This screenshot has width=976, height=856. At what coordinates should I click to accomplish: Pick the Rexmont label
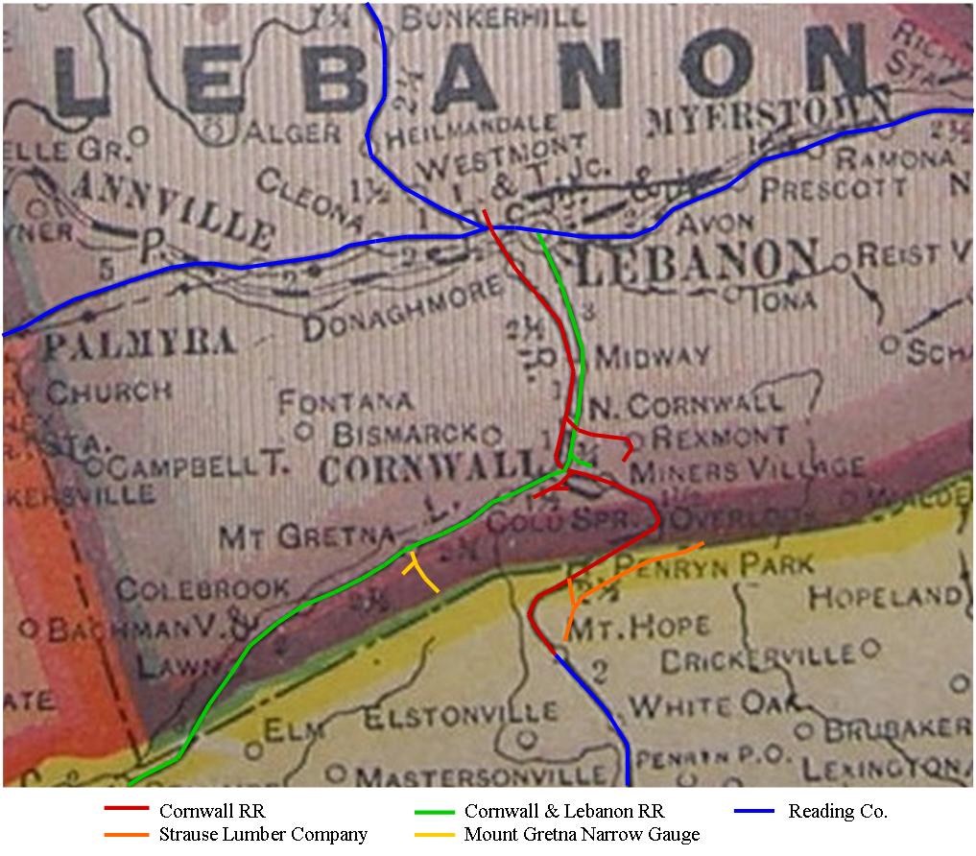[720, 437]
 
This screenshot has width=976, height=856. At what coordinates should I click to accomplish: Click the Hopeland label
[884, 597]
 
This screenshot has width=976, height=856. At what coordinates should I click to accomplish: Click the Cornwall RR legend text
[212, 812]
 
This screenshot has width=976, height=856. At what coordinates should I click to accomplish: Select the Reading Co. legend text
[837, 812]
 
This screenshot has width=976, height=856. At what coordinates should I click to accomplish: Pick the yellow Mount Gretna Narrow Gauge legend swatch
[433, 835]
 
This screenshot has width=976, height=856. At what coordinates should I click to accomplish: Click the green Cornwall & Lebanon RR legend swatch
[433, 812]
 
